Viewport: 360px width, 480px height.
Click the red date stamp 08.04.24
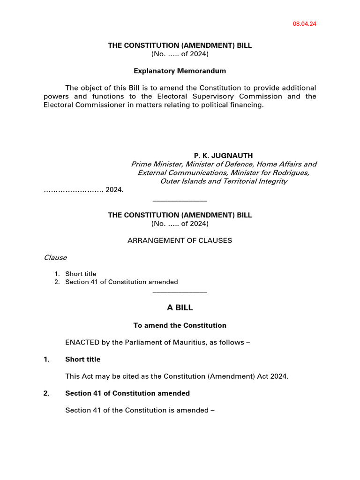point(305,24)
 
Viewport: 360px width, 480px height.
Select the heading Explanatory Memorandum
point(180,71)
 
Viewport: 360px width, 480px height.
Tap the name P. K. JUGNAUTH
point(224,156)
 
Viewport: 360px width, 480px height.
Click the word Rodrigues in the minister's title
point(292,172)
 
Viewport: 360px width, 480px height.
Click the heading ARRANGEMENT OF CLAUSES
point(180,240)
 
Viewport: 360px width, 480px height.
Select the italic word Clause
point(55,257)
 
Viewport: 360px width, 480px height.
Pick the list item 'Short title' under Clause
point(81,274)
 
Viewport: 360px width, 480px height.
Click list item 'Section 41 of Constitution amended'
point(121,282)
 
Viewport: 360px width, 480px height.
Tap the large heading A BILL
point(180,308)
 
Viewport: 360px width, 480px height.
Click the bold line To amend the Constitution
point(180,325)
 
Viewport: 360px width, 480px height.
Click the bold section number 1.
point(46,360)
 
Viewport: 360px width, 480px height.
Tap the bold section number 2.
point(46,393)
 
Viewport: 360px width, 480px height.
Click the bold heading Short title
point(82,360)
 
